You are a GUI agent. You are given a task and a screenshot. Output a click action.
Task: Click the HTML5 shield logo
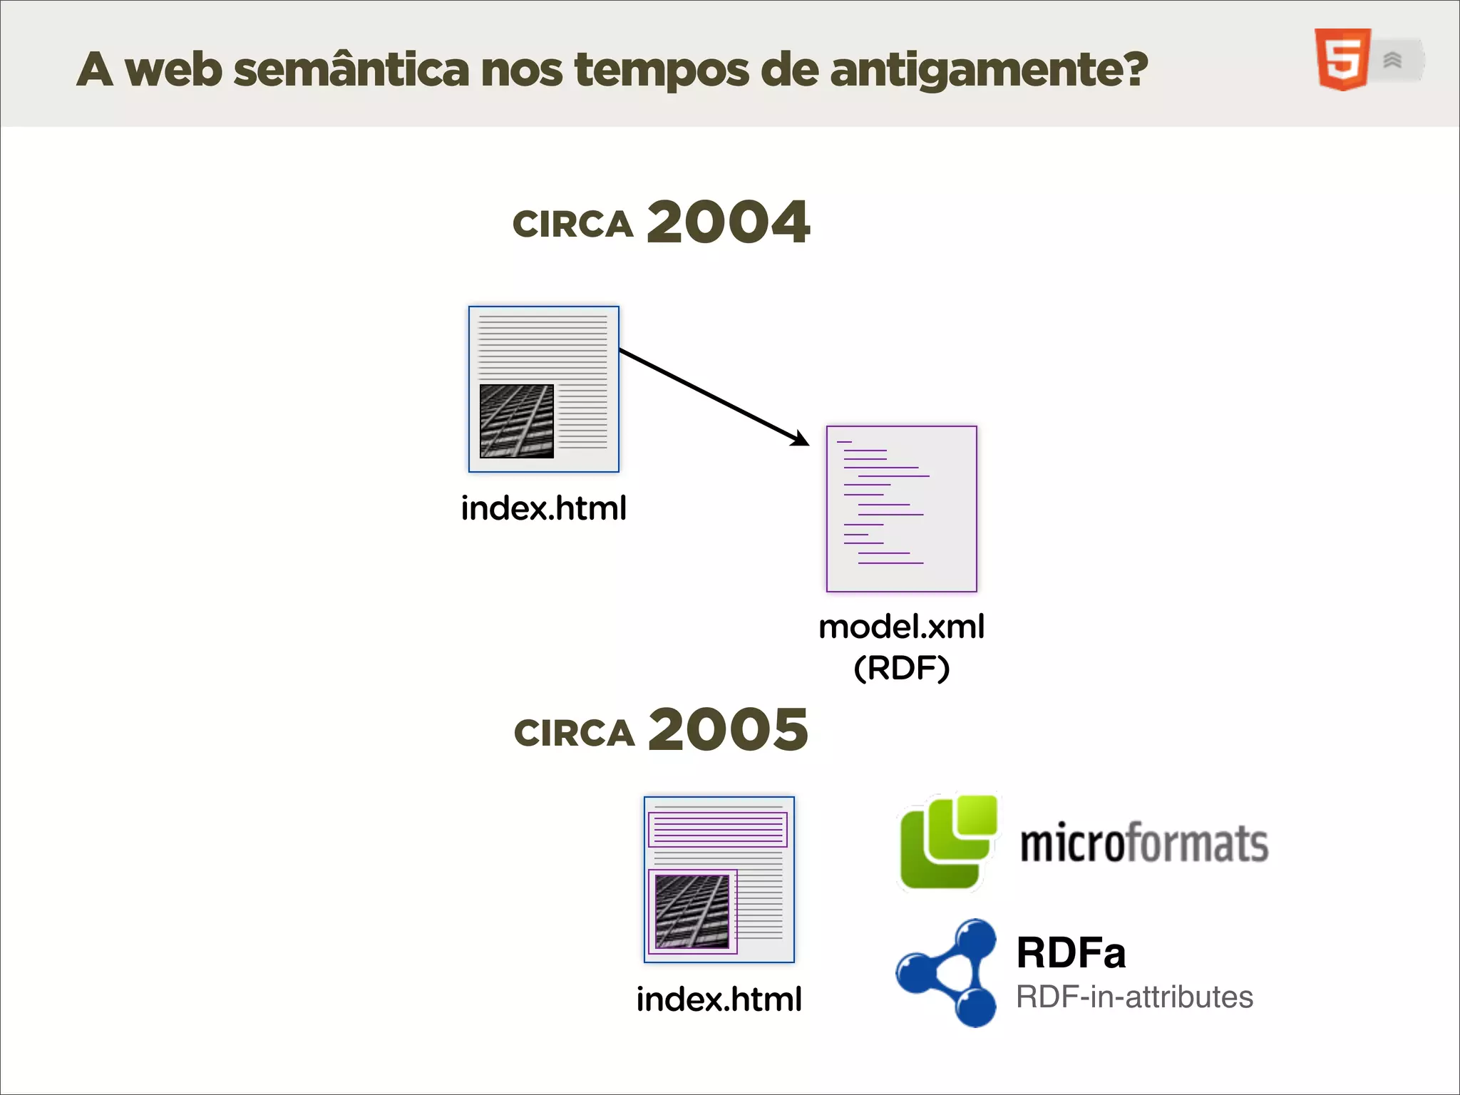point(1342,59)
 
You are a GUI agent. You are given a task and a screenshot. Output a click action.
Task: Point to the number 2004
point(728,222)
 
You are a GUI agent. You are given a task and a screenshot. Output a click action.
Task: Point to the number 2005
point(728,729)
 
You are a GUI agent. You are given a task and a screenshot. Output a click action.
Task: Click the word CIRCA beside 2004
point(573,225)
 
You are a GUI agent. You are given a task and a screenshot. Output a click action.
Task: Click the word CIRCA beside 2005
point(574,734)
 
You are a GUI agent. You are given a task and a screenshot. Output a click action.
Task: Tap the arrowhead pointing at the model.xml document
point(801,438)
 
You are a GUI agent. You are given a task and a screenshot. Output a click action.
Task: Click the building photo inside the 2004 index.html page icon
point(517,421)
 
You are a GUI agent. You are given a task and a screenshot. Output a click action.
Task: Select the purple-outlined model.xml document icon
point(901,509)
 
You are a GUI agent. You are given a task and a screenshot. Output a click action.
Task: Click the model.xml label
point(901,627)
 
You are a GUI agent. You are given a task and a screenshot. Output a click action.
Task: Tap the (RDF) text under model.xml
point(901,669)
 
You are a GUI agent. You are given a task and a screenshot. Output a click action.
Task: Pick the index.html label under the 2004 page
point(543,509)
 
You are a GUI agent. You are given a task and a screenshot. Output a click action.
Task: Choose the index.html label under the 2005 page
point(719,999)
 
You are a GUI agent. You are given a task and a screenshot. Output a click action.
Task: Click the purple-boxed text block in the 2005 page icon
point(718,830)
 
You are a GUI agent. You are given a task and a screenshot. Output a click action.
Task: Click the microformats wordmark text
point(1143,844)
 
